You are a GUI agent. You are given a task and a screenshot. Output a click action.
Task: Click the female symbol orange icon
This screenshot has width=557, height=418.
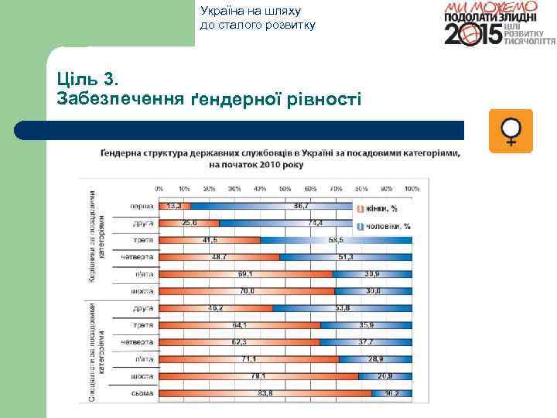pos(511,131)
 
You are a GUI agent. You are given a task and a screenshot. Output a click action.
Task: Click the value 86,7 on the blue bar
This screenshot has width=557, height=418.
pos(302,206)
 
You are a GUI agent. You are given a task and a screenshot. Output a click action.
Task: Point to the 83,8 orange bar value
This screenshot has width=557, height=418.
pos(265,392)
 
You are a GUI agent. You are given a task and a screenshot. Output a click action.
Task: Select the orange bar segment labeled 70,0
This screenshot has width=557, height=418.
pos(246,291)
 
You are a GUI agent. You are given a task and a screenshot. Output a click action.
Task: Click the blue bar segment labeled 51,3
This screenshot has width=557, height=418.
pos(346,257)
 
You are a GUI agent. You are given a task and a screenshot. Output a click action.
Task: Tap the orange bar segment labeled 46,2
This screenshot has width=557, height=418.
pos(215,308)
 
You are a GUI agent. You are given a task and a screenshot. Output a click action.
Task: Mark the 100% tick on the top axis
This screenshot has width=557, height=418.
pos(411,188)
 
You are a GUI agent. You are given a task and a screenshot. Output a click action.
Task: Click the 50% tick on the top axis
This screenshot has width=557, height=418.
pos(285,188)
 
